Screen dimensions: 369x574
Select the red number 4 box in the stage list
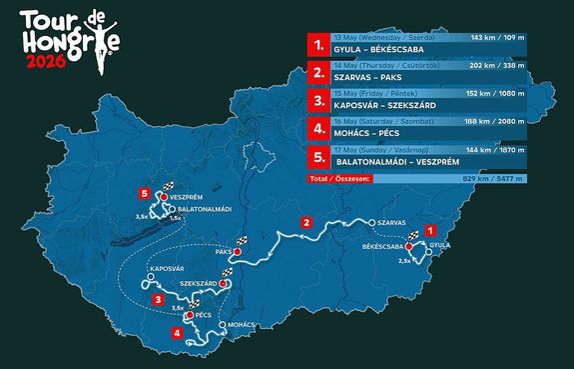317,129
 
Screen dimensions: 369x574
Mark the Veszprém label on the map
187,196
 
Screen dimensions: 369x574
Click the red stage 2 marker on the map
307,222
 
